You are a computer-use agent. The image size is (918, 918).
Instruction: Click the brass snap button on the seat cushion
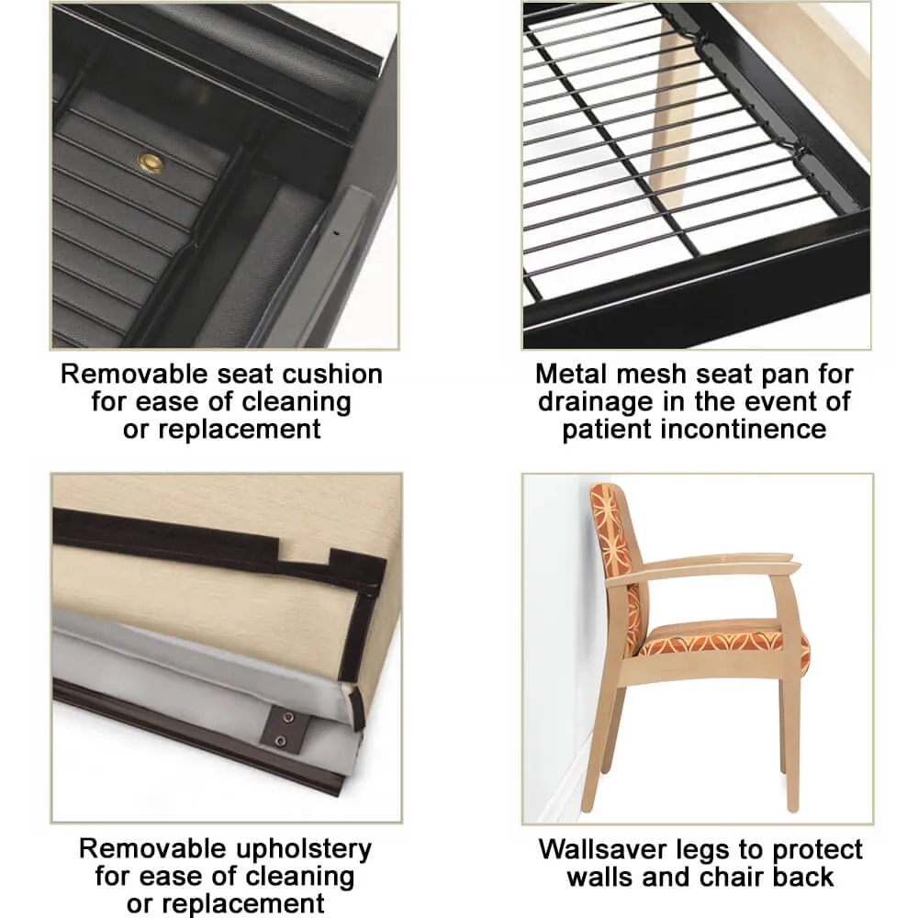coord(151,163)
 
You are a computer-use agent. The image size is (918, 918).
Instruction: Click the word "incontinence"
coord(744,429)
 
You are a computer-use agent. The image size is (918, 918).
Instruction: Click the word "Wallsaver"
coord(604,849)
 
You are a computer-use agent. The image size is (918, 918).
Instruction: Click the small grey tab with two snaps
coord(286,728)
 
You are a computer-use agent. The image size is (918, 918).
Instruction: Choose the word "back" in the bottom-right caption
coord(803,877)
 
